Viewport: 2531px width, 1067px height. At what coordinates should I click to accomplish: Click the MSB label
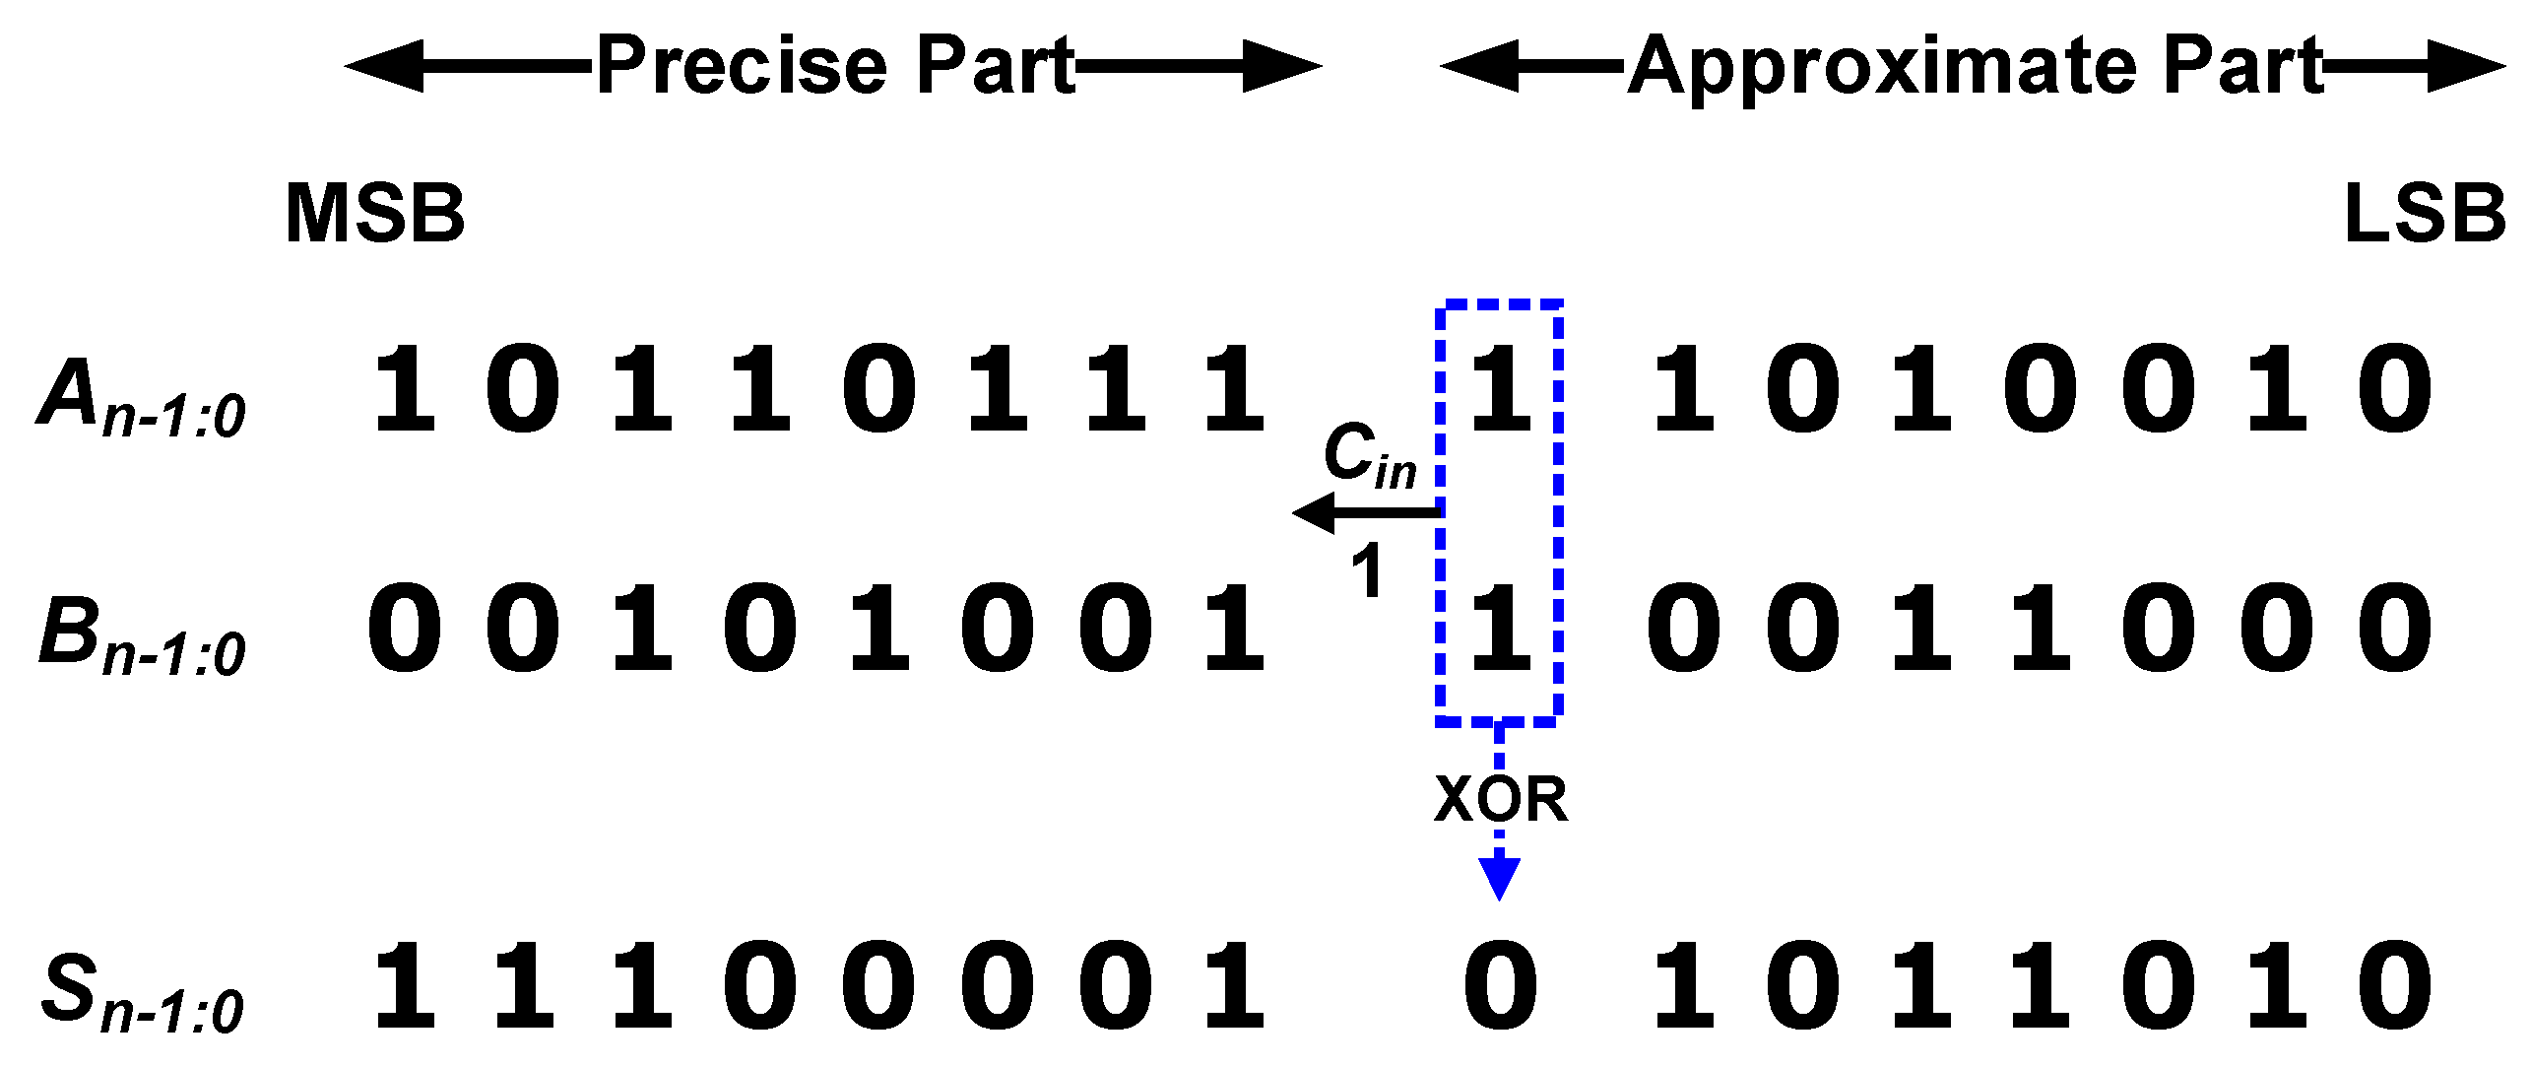[374, 214]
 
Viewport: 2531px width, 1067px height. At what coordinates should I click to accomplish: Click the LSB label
[2425, 214]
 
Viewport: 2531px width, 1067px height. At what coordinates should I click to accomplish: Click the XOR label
[1500, 799]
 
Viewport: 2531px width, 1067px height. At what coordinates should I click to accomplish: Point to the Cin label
[1370, 454]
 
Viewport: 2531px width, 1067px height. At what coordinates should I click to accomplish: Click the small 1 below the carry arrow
[1367, 570]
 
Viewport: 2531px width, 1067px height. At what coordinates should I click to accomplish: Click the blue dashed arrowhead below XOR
[1499, 876]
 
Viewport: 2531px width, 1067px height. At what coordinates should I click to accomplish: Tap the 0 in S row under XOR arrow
[1500, 985]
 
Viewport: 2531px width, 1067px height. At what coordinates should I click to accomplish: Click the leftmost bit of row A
[405, 390]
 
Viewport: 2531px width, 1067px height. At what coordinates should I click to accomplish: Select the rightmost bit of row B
[2394, 629]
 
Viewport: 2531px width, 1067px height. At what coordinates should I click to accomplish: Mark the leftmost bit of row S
[405, 985]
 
